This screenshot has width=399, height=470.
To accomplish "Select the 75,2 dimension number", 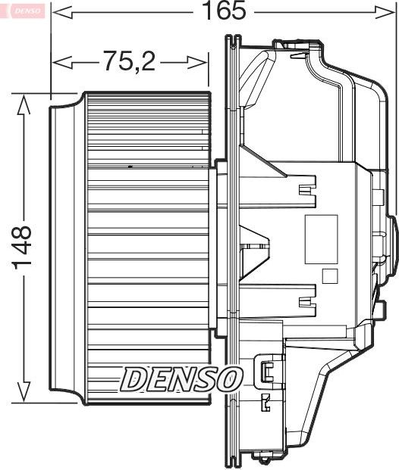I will [129, 61].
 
